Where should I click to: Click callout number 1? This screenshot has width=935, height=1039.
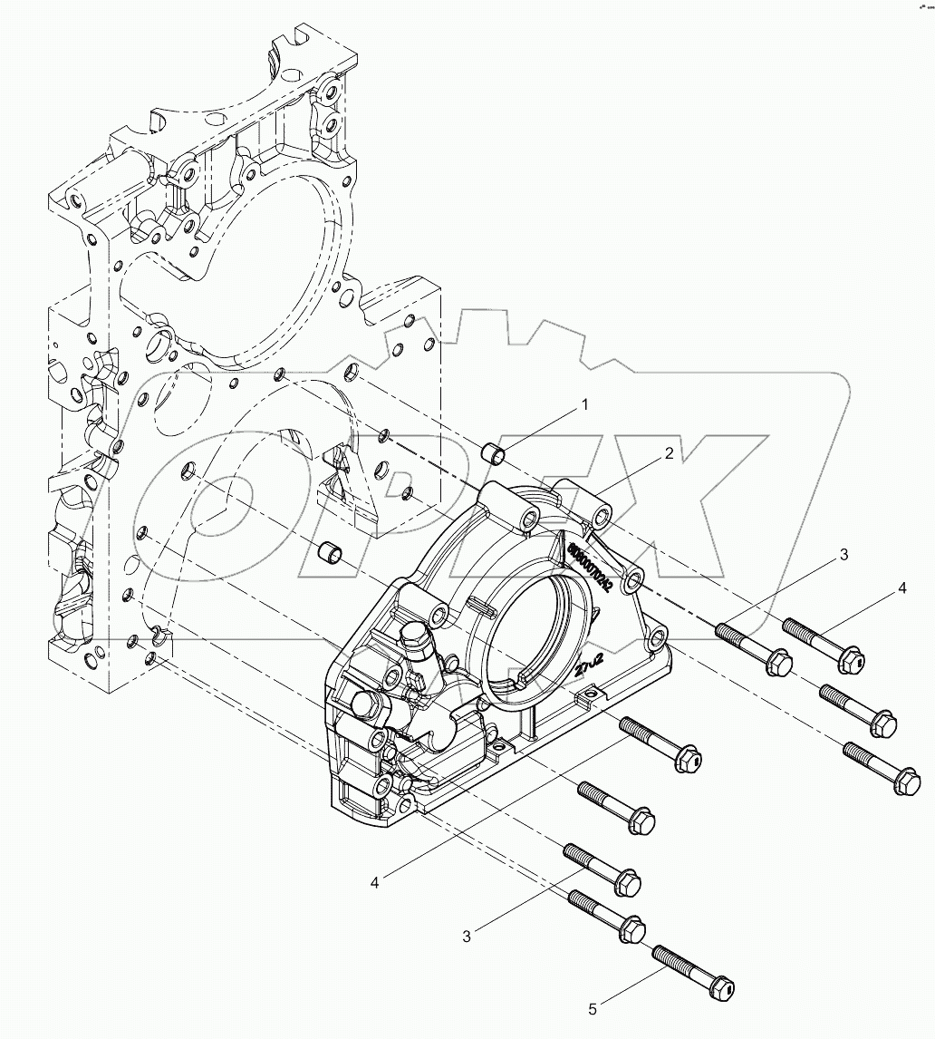pos(585,405)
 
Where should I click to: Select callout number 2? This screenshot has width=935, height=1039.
pos(669,454)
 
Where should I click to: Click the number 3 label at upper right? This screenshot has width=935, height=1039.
pos(843,555)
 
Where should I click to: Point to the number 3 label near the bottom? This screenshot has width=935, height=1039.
pos(467,937)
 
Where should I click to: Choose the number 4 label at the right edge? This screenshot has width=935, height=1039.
pos(902,588)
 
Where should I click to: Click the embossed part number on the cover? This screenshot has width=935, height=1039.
pos(589,567)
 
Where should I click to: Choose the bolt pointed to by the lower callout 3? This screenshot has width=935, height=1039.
pos(602,866)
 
